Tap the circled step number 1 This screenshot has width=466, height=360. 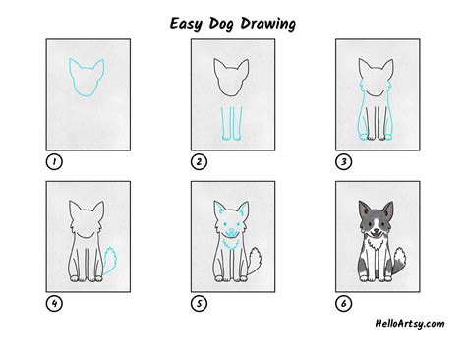pyautogui.click(x=53, y=161)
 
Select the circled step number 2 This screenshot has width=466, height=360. pyautogui.click(x=199, y=161)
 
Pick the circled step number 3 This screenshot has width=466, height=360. pyautogui.click(x=344, y=161)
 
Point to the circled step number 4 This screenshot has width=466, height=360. pyautogui.click(x=53, y=304)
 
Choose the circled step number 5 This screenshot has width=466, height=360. pyautogui.click(x=199, y=304)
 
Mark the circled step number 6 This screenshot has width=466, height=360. pyautogui.click(x=344, y=304)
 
